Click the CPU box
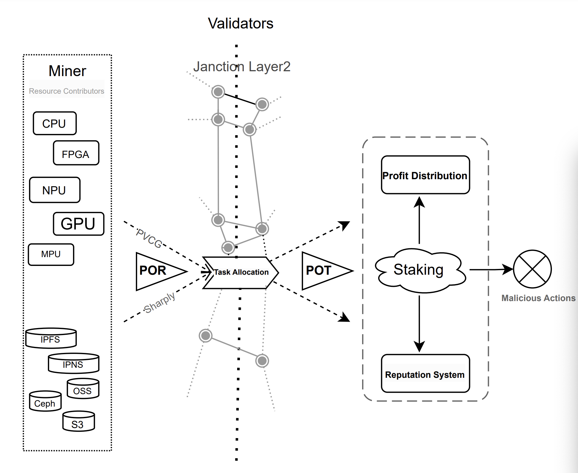click(x=55, y=123)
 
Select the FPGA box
click(x=76, y=153)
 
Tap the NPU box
click(x=55, y=190)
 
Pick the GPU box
click(x=79, y=224)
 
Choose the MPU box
click(x=51, y=254)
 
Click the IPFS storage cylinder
click(x=51, y=338)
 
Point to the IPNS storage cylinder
click(x=73, y=363)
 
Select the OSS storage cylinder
click(x=83, y=388)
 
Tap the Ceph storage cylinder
click(x=45, y=401)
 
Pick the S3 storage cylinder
click(x=79, y=421)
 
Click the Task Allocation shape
click(x=240, y=273)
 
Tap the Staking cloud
click(x=420, y=270)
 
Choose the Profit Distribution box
click(x=425, y=175)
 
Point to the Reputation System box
click(x=425, y=374)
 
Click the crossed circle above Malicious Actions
click(x=532, y=269)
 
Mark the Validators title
click(x=240, y=23)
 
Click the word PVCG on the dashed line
click(x=149, y=238)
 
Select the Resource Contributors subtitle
click(x=66, y=91)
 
